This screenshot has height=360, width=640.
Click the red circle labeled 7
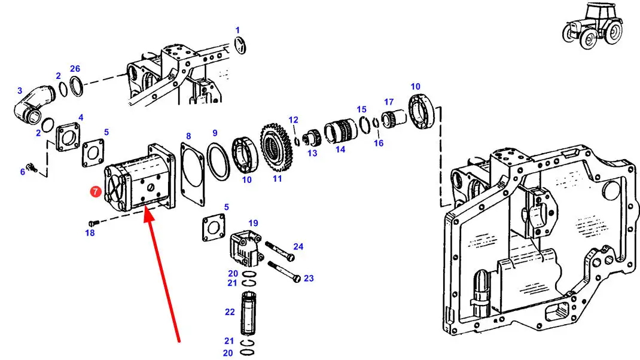coord(96,191)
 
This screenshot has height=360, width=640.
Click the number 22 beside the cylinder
coord(230,312)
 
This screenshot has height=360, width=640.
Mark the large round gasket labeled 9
coord(218,161)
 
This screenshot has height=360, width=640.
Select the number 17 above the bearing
coord(389,102)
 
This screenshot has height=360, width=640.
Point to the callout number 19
coord(254,224)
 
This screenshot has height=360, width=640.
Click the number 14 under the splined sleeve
coord(340,150)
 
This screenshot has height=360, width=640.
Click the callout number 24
coord(298,246)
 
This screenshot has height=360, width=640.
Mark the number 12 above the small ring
coord(293,120)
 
